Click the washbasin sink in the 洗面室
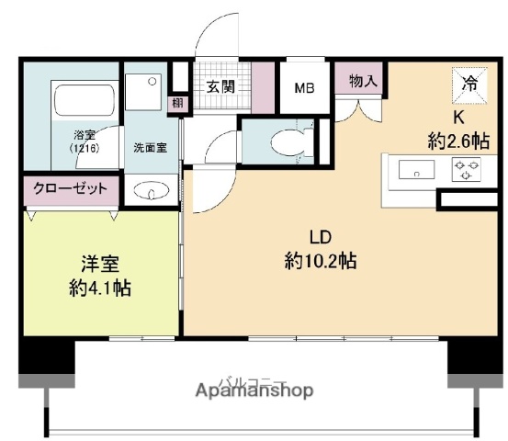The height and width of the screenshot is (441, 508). (x=151, y=191)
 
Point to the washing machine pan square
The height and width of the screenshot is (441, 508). (x=144, y=89)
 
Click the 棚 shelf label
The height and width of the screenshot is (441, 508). (x=176, y=103)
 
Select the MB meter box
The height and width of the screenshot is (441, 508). (x=305, y=89)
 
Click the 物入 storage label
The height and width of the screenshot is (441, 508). (x=363, y=81)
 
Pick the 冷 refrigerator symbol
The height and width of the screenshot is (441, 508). (x=468, y=85)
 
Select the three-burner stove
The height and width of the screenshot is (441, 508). (x=466, y=170)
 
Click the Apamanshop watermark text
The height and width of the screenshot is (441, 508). (x=254, y=390)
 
